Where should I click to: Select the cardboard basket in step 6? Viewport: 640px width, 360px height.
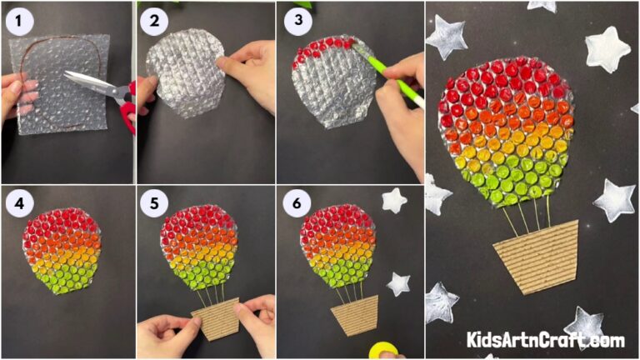click(354, 316)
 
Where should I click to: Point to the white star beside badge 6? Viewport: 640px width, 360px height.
click(393, 200)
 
